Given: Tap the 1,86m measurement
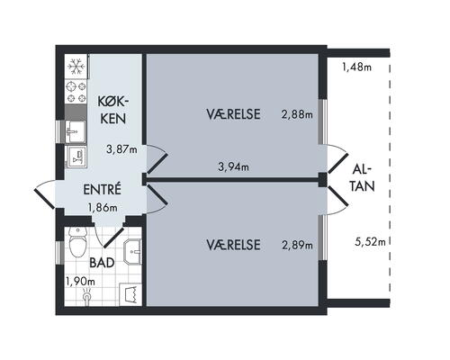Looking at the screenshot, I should point(102,208).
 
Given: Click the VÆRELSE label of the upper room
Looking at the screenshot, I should point(233,114).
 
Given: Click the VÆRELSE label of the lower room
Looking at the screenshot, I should point(233,245).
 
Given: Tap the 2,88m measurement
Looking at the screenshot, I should point(297,114).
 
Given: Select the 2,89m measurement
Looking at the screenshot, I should point(297,245).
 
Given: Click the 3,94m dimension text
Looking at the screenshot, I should point(233,166).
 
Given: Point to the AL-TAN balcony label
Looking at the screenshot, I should point(360,177).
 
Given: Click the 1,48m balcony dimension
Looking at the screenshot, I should point(357,66).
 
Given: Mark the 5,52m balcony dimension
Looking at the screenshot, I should point(371,241).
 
